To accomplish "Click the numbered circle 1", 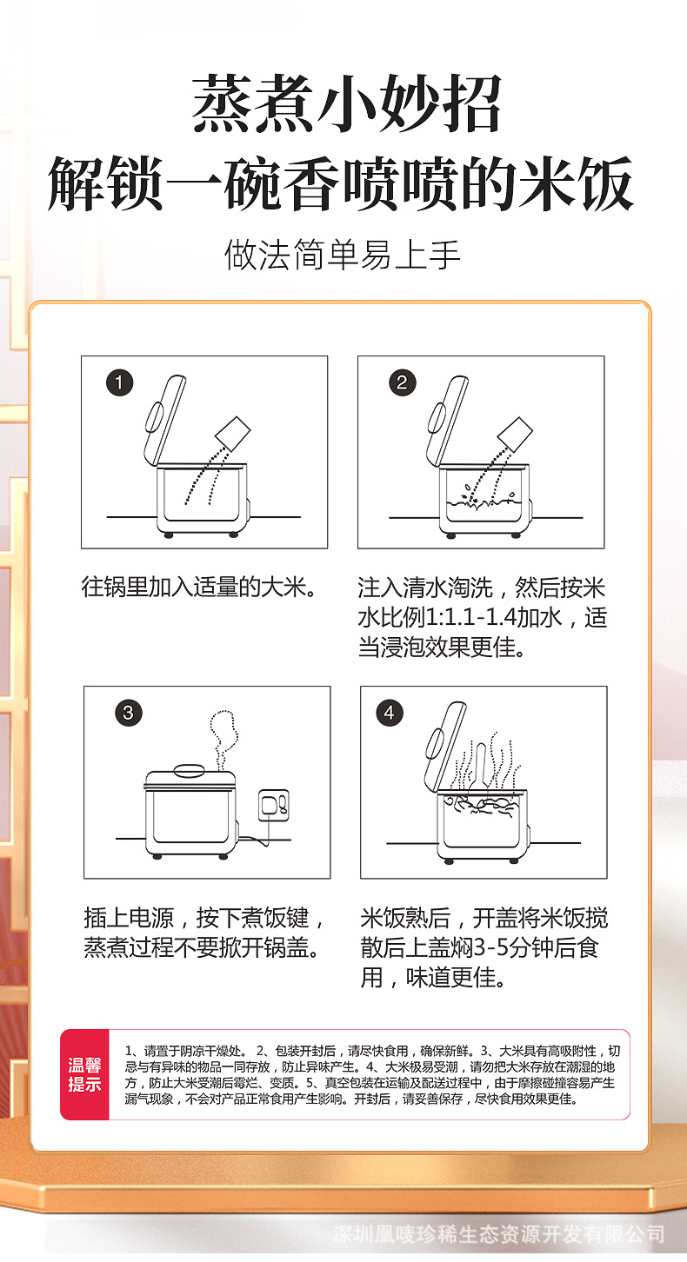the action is (119, 383).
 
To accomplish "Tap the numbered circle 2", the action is (403, 383).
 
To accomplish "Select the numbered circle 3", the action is (129, 713).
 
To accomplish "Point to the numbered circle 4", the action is (390, 713).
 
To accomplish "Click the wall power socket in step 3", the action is (274, 805).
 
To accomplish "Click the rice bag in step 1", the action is (233, 433).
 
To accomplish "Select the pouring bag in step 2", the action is (515, 433).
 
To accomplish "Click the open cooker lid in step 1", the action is (163, 421).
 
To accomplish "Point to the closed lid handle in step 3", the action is (190, 769).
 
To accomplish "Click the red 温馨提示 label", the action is (84, 1074).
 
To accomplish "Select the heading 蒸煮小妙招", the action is (347, 104).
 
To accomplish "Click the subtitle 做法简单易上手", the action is (343, 255).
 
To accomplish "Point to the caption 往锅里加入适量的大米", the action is (198, 587).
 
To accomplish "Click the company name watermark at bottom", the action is (499, 1234).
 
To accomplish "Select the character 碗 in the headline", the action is (253, 184).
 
